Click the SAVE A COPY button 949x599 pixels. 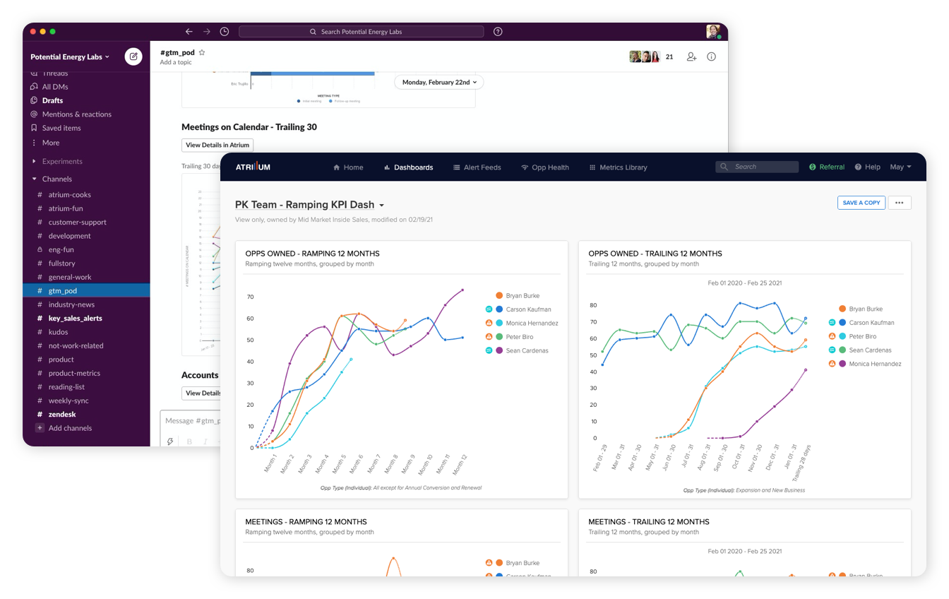861,203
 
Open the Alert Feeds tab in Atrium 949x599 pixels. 477,167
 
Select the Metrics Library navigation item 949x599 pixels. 618,167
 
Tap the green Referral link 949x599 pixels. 827,167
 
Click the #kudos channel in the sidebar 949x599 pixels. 58,332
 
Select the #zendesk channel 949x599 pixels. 62,415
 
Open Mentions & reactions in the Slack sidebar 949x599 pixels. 76,114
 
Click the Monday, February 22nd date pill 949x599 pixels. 439,82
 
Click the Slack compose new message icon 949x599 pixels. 133,57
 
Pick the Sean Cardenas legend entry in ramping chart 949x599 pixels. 527,350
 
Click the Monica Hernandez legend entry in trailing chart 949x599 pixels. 875,364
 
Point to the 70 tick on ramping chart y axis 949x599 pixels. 250,297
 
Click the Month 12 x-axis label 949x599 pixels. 460,466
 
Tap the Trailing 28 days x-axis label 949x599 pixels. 799,463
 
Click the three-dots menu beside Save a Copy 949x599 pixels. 899,203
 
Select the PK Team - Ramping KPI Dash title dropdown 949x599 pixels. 310,205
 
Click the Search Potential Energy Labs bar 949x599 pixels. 361,32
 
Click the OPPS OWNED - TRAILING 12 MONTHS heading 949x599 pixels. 655,254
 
